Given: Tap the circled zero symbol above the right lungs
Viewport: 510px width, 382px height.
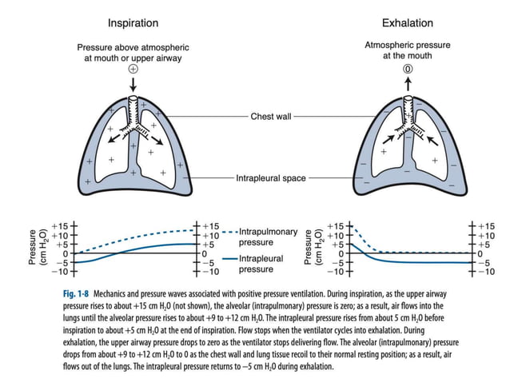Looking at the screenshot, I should click(407, 70).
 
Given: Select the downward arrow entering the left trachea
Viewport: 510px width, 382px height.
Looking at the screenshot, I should click(134, 83).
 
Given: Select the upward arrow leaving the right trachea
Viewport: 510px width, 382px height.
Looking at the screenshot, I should click(407, 84).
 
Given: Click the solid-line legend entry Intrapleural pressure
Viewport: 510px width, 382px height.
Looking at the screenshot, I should click(263, 265).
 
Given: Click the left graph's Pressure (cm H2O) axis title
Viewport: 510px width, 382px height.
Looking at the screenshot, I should click(37, 249).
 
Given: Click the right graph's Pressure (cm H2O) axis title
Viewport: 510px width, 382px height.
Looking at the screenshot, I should click(312, 249).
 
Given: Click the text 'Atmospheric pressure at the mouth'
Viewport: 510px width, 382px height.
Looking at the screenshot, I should click(407, 51).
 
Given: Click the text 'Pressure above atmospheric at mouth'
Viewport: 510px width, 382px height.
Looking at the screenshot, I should click(134, 51).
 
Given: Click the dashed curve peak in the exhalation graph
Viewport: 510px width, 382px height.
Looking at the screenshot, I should click(352, 227).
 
